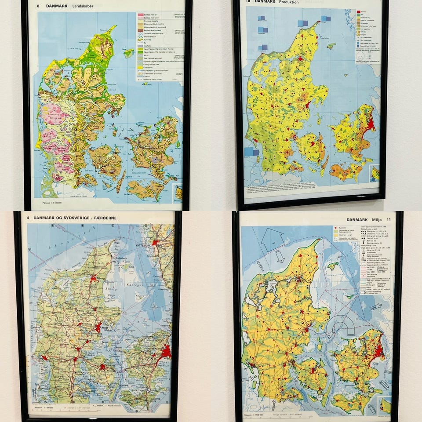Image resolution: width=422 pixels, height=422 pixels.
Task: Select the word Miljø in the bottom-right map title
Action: point(378,219)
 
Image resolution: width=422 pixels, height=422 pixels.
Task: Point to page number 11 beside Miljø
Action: point(389,219)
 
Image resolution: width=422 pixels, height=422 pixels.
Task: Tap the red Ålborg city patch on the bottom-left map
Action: point(93,278)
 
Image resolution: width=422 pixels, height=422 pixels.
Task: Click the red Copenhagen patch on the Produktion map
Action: point(371,125)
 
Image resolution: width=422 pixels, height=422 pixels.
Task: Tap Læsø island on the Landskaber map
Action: point(128,53)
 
